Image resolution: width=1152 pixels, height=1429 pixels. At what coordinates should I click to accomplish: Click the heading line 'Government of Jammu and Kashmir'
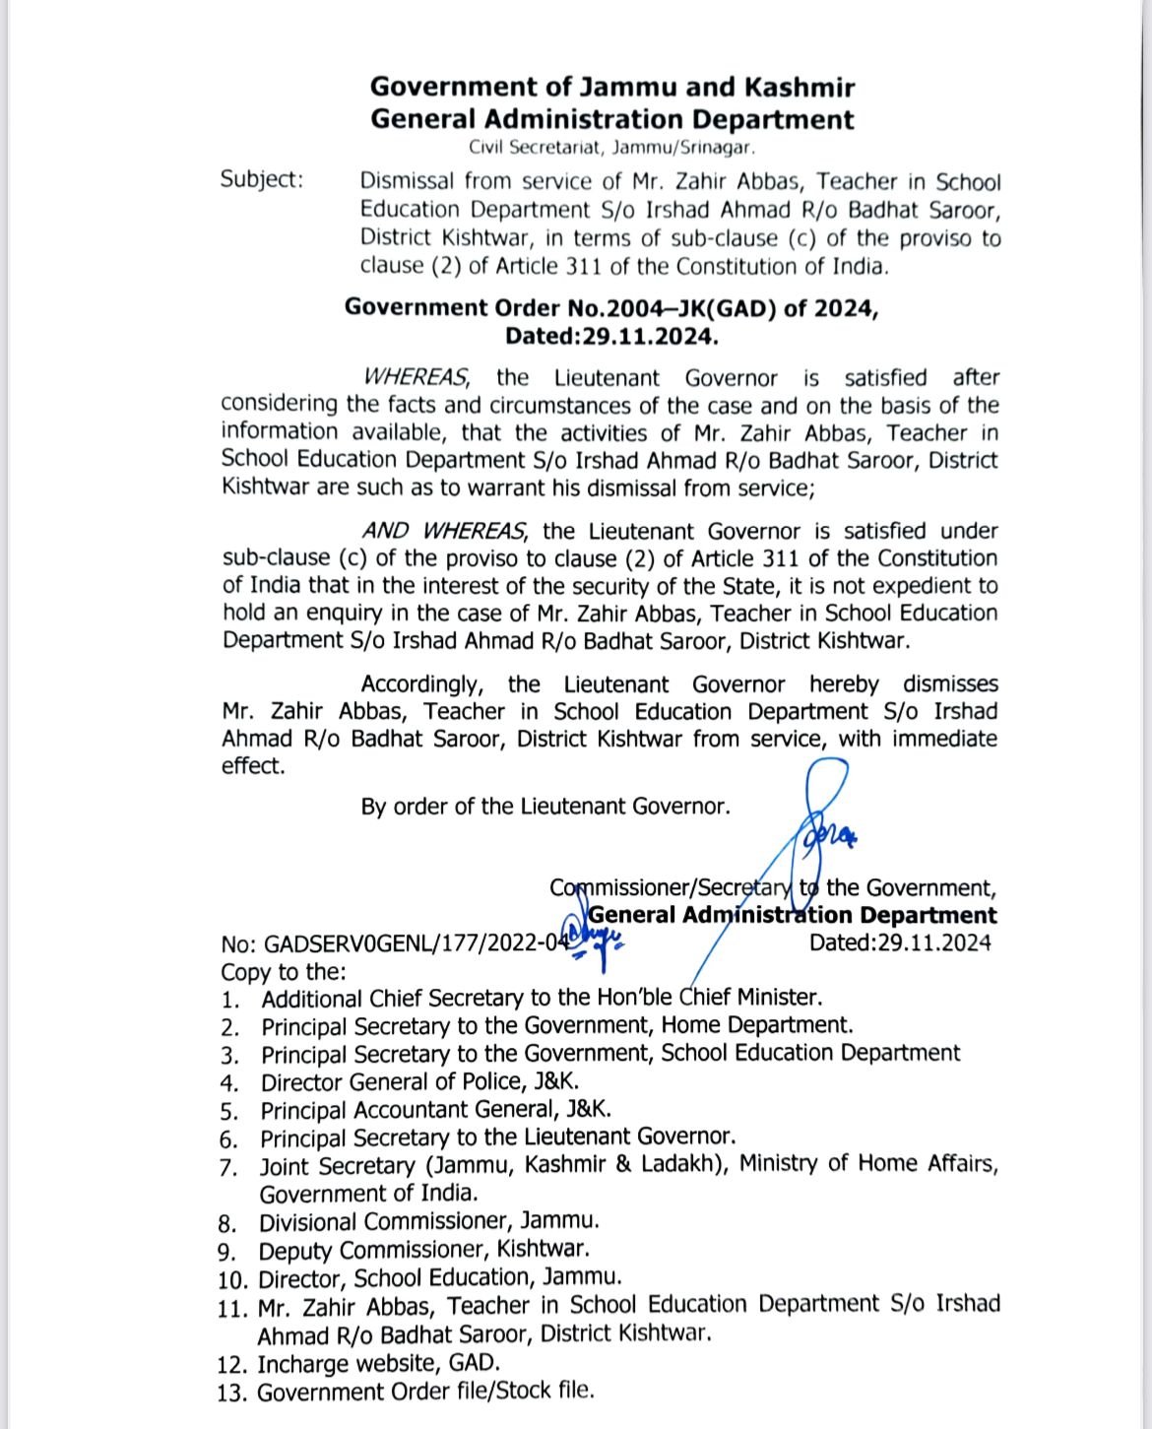point(611,87)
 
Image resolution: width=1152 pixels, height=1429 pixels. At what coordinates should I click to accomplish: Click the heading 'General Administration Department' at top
point(611,120)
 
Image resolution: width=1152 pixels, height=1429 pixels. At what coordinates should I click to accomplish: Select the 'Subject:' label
point(262,179)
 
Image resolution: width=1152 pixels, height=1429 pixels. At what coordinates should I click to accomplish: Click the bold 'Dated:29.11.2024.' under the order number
point(611,336)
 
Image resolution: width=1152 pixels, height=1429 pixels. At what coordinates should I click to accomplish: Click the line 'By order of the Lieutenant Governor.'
point(545,807)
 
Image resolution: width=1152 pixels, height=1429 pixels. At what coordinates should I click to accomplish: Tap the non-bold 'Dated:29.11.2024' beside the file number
point(899,942)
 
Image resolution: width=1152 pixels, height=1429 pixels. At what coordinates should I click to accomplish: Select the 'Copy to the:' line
point(284,971)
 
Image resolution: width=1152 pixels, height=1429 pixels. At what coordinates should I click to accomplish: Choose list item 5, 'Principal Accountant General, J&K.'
point(436,1110)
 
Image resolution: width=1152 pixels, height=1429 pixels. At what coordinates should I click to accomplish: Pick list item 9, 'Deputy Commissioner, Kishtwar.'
point(423,1250)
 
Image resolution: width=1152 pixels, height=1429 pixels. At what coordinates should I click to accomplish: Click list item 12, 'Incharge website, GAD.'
point(378,1364)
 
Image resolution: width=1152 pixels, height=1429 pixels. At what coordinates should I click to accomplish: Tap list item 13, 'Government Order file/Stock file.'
point(425,1393)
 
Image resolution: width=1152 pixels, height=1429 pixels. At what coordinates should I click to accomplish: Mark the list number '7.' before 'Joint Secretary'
point(229,1167)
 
